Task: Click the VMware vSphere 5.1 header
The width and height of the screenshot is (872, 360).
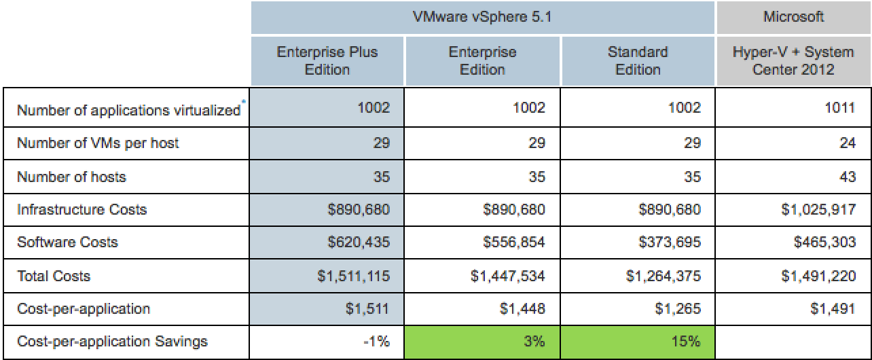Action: coord(483,16)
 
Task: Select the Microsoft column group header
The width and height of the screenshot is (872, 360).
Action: coord(794,16)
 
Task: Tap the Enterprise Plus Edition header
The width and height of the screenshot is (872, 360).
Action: coord(327,60)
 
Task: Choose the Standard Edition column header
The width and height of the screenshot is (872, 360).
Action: coord(638,60)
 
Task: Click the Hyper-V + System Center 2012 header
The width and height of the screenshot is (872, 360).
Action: coord(794,60)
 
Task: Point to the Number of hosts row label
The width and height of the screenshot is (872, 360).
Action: coord(71,177)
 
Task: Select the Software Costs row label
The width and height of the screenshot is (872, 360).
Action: coord(67,242)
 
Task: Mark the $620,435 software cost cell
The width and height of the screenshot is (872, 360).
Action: coord(359,242)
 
